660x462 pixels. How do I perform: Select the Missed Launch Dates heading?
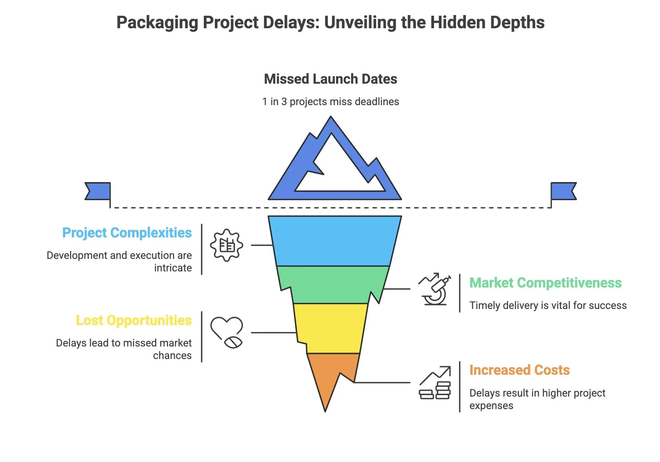coord(330,79)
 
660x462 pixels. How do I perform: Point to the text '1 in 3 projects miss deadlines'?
coord(330,102)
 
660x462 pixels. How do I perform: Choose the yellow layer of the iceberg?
coord(331,327)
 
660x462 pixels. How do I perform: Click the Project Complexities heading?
coord(127,233)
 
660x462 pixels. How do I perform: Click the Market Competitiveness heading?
coord(545,283)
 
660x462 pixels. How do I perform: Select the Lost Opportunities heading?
coord(134,320)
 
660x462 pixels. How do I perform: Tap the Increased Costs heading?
coord(519,370)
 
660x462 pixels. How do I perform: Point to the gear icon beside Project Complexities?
coord(227,245)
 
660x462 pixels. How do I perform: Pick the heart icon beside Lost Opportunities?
coord(227,332)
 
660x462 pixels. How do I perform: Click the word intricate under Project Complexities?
coord(173,268)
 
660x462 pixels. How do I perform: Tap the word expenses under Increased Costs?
coord(491,406)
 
